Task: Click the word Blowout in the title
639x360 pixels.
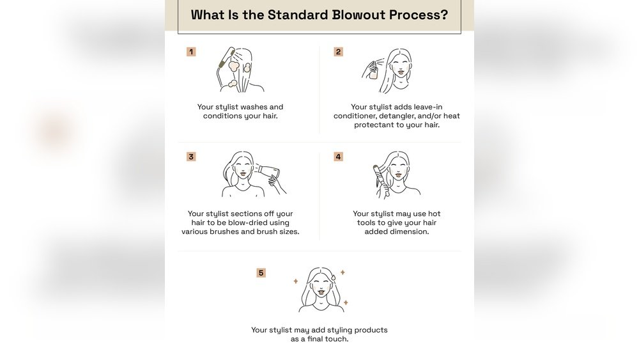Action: coord(358,15)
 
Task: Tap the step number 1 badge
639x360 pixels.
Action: coord(191,52)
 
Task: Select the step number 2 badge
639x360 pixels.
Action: coord(338,52)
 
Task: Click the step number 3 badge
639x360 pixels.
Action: coord(191,157)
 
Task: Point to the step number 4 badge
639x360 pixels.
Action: coord(338,157)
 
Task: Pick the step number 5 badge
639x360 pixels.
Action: coord(261,273)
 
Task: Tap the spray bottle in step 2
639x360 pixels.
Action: coord(373,70)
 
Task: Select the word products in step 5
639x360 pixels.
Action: coord(371,330)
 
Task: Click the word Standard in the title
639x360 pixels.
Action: coord(298,15)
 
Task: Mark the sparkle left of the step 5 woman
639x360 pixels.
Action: coord(296,281)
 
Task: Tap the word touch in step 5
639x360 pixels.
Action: coord(337,339)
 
